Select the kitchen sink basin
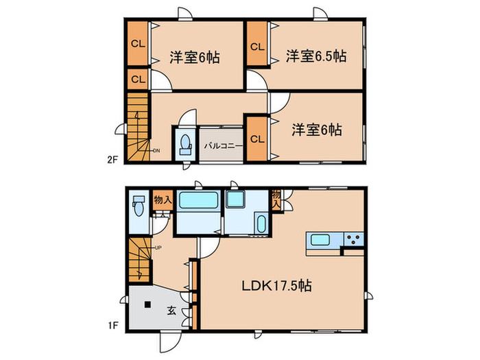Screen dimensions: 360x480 (320, 239)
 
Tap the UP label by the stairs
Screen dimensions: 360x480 (158, 248)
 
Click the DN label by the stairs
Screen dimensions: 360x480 (156, 151)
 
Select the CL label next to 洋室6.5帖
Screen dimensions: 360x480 (256, 47)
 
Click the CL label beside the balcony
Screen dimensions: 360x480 (256, 139)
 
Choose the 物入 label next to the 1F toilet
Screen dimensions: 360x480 (163, 200)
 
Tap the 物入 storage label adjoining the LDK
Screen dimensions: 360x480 (276, 199)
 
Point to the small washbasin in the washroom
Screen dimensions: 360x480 (261, 223)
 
